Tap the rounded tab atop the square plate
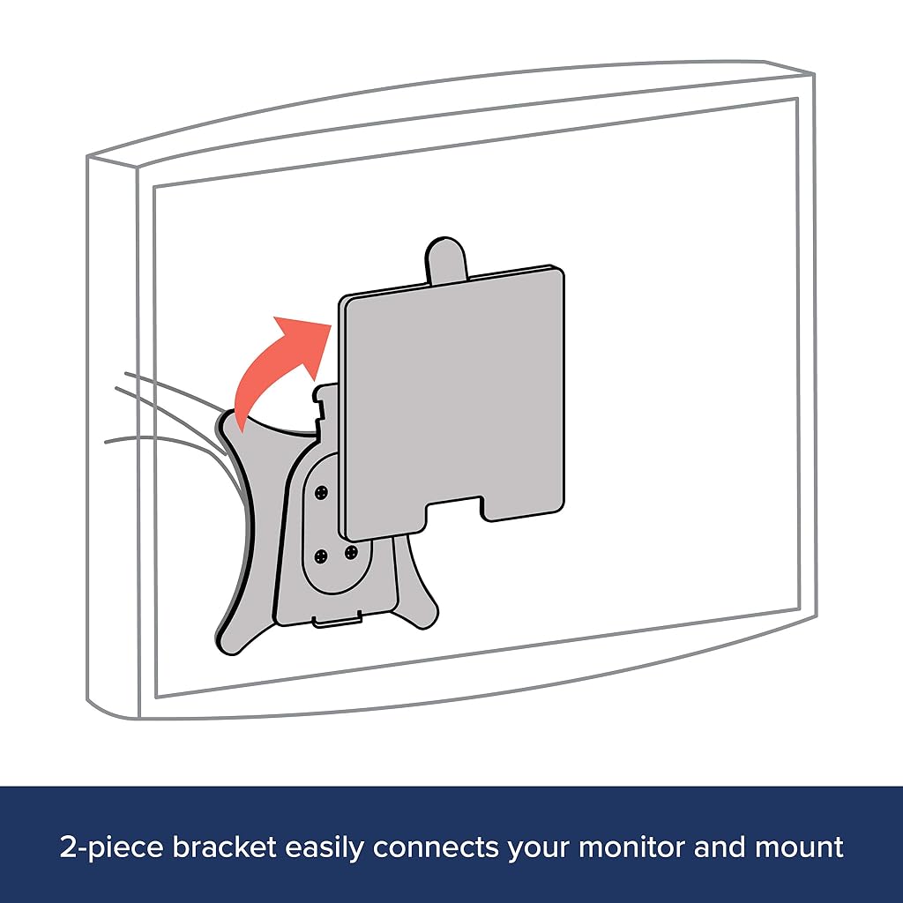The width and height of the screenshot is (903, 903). (444, 258)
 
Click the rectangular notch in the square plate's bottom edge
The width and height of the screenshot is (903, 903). (454, 507)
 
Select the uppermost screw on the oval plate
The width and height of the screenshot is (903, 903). (321, 492)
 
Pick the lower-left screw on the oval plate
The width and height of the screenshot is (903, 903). (321, 556)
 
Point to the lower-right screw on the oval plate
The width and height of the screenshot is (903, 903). (351, 552)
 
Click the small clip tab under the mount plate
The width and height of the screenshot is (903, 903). (338, 620)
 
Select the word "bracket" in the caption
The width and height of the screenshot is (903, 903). (225, 847)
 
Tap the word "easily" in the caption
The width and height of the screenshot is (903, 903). (325, 848)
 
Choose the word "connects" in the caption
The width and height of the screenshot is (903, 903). (435, 847)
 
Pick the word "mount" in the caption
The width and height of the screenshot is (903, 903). (799, 847)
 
